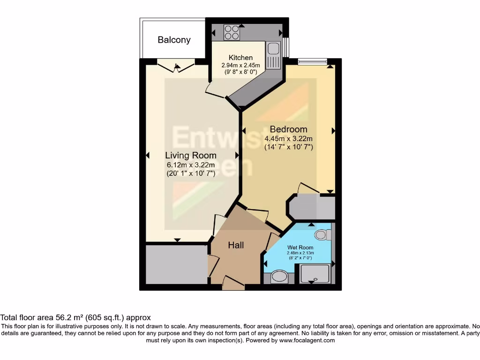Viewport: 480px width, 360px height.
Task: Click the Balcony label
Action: click(174, 40)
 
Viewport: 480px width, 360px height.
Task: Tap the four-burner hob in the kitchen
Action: click(232, 32)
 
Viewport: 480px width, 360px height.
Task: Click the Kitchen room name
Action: click(240, 58)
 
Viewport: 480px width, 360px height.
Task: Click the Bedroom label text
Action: click(288, 129)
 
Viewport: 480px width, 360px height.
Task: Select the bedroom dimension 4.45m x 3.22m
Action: click(288, 138)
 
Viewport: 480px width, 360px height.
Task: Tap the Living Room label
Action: click(191, 155)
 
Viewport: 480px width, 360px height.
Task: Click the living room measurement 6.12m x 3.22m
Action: click(191, 165)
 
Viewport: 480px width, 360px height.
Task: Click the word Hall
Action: click(236, 245)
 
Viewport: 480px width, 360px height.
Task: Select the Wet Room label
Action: click(300, 247)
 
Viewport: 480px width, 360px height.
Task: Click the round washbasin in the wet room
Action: click(280, 277)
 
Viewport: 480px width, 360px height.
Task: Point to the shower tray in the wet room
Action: click(315, 274)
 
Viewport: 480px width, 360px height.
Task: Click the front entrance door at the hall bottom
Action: click(233, 283)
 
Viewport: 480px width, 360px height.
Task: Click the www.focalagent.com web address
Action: click(307, 340)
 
